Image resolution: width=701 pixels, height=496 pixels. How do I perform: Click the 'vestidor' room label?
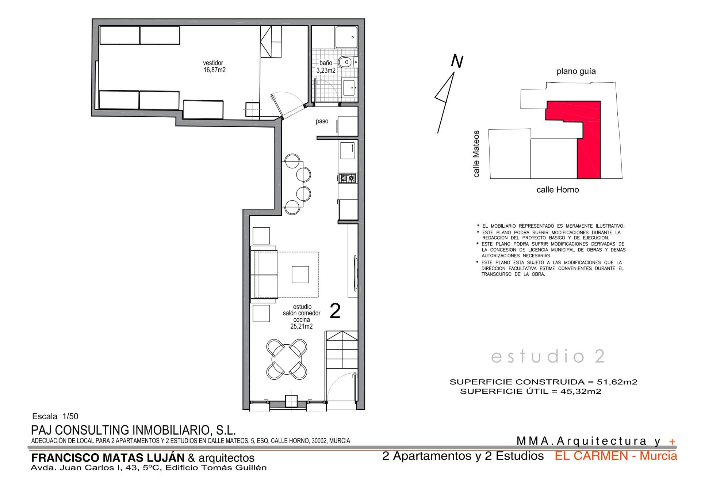[x=213, y=63]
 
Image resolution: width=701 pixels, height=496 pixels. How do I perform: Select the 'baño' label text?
[x=326, y=63]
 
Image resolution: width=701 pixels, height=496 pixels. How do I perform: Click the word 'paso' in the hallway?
[x=322, y=121]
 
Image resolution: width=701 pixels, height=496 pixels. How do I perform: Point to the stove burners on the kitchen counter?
[x=347, y=178]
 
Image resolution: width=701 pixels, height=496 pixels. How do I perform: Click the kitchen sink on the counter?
[x=348, y=151]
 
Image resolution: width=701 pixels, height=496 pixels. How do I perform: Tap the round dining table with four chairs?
[x=287, y=359]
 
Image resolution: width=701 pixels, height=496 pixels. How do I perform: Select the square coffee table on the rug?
[x=300, y=274]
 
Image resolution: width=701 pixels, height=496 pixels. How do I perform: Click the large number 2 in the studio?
[x=335, y=311]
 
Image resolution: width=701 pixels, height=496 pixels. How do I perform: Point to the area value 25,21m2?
[x=302, y=326]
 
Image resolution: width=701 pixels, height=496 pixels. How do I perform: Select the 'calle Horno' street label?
[x=558, y=190]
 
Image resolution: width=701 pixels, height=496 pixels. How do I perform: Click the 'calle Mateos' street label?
[x=476, y=154]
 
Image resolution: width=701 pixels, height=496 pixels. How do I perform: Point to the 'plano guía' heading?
[x=576, y=72]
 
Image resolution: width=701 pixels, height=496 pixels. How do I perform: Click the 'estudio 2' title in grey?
[x=548, y=356]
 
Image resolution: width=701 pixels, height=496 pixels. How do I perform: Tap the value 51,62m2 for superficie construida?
[x=617, y=382]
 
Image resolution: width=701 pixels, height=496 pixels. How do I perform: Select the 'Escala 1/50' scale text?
[x=55, y=416]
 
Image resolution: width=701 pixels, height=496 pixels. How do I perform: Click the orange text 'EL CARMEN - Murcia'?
[x=616, y=456]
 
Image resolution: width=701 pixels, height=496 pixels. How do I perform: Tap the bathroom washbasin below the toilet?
[x=349, y=87]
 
